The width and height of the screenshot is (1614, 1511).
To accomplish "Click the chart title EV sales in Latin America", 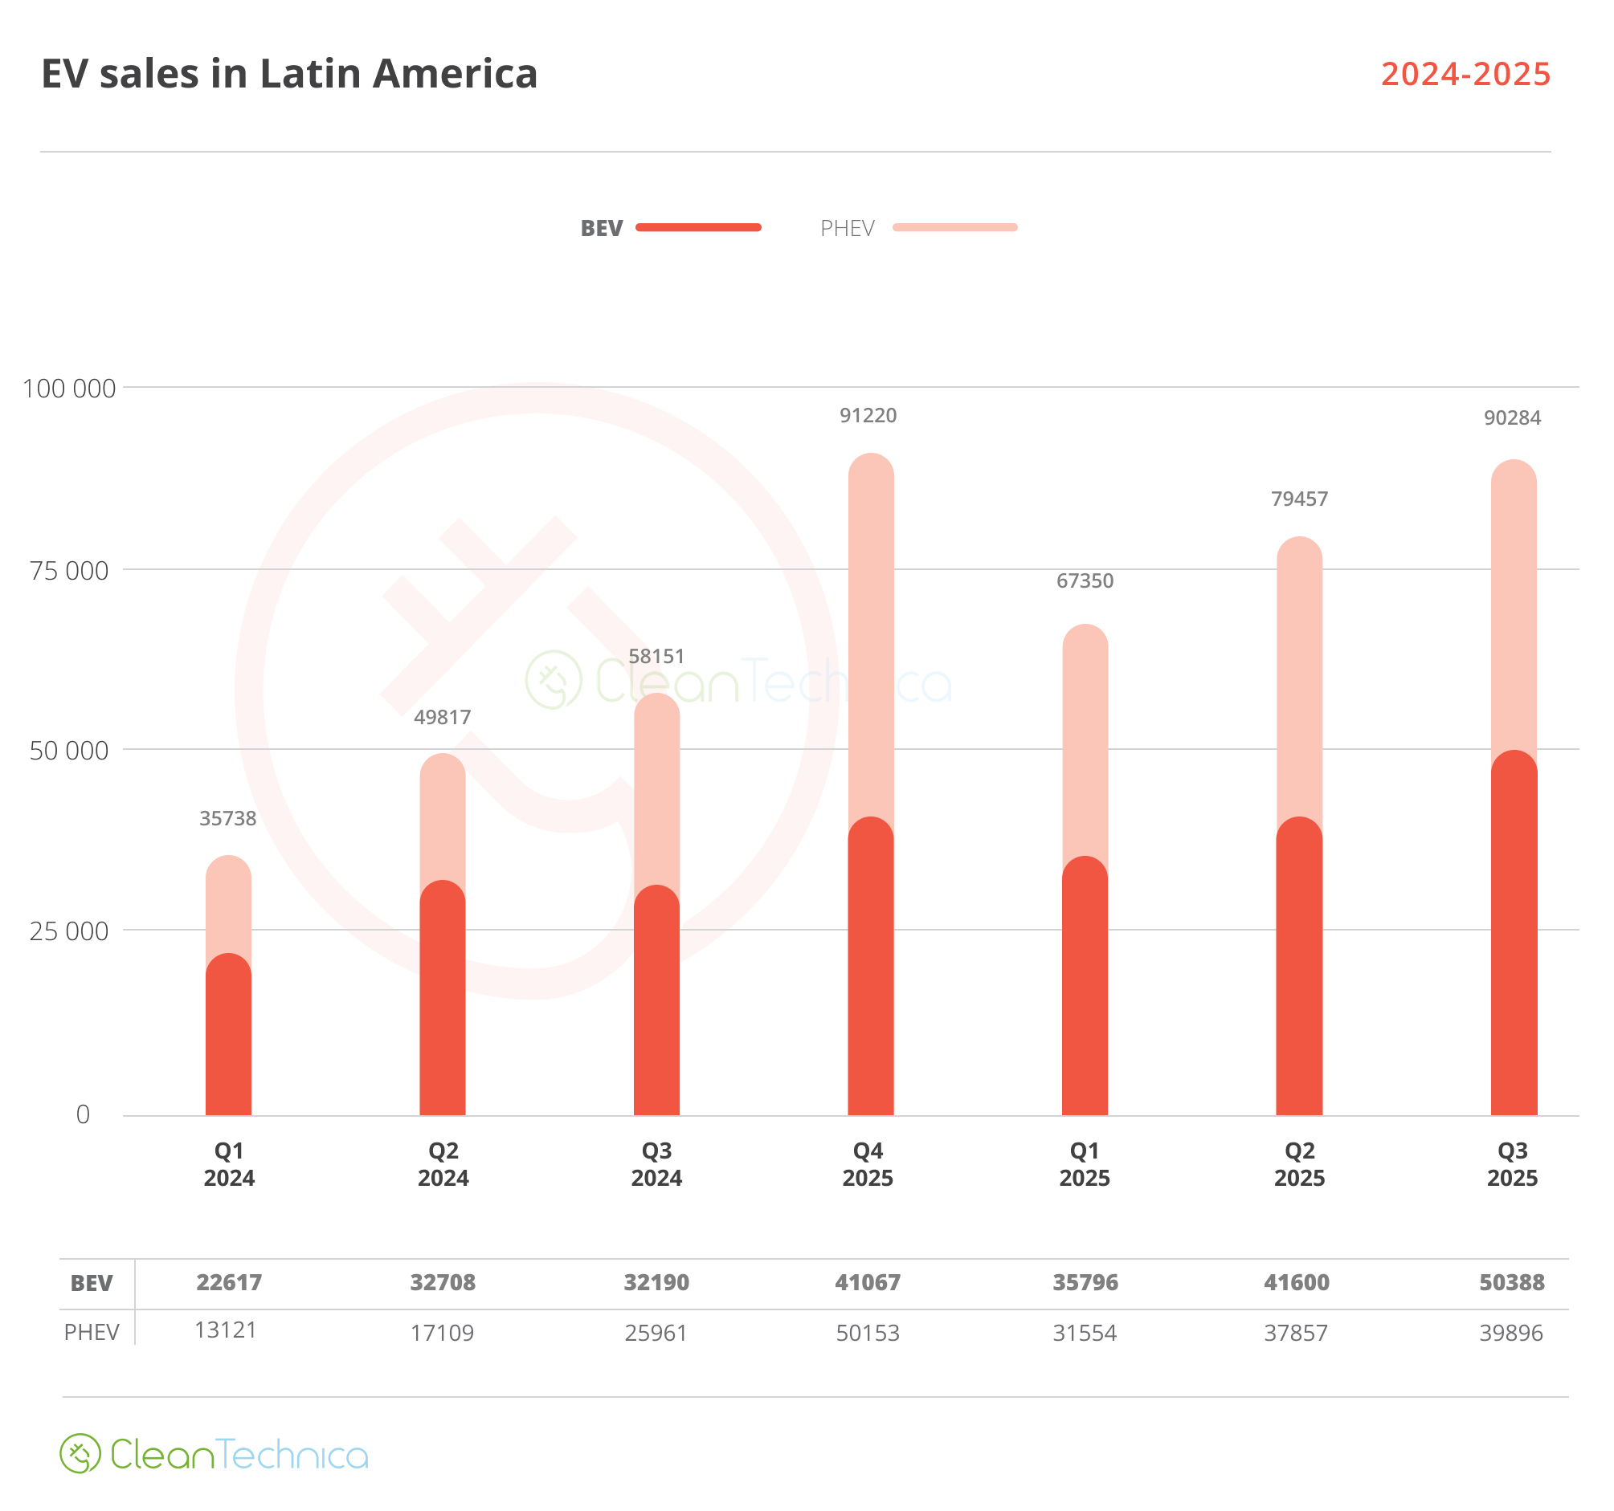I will [x=289, y=74].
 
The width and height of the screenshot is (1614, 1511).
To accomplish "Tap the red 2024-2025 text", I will [x=1465, y=75].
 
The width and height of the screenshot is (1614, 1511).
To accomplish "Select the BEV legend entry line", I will [x=698, y=228].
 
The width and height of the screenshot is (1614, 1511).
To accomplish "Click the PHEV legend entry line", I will [x=954, y=228].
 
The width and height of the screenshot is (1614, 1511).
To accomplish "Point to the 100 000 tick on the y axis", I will [x=69, y=389].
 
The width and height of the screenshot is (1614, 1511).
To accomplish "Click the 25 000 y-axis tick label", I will [x=69, y=931].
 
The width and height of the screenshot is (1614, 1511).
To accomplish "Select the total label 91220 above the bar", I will [x=868, y=415].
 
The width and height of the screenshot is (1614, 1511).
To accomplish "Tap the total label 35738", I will [x=228, y=819].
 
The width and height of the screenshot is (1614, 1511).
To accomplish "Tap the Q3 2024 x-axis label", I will [x=657, y=1164].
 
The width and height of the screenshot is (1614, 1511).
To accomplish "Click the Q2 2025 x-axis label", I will [x=1299, y=1164].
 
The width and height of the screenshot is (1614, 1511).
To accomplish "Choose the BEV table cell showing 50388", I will [x=1511, y=1283].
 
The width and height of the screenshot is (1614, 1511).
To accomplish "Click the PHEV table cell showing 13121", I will [x=226, y=1331].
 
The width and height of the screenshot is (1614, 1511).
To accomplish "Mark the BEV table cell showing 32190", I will [x=656, y=1283].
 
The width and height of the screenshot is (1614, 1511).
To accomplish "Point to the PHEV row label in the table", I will [x=92, y=1333].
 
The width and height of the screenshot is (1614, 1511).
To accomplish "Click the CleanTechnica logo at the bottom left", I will [x=214, y=1454].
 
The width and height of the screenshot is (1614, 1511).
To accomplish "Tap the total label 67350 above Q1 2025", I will [x=1085, y=581].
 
